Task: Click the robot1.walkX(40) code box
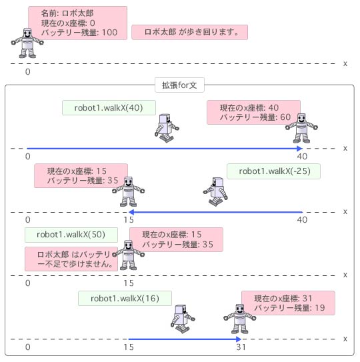[x=109, y=107]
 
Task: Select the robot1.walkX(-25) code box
[x=273, y=171]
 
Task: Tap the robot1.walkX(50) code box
[x=71, y=235]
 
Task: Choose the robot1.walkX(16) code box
[x=125, y=298]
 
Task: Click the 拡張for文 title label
[x=179, y=85]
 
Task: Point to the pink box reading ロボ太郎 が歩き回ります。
[x=189, y=32]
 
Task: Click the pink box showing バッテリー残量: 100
[x=77, y=23]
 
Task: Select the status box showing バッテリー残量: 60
[x=253, y=113]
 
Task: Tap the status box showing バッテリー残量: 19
[x=288, y=303]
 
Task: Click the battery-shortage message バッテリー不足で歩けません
[x=71, y=259]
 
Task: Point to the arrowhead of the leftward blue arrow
[x=131, y=212]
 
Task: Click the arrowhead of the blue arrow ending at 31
[x=239, y=339]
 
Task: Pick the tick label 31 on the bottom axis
[x=241, y=347]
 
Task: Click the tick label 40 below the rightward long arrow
[x=302, y=157]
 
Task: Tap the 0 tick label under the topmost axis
[x=28, y=72]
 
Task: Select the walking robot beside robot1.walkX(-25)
[x=215, y=191]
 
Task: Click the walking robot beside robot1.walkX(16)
[x=183, y=319]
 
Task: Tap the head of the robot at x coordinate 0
[x=27, y=34]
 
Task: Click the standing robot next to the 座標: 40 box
[x=301, y=129]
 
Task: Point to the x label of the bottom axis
[x=345, y=339]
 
